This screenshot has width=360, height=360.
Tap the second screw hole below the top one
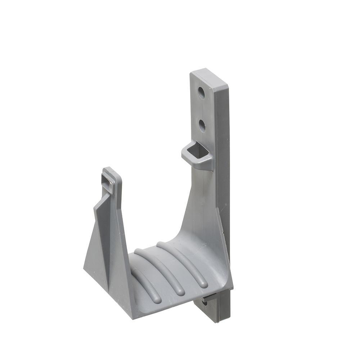click(x=202, y=125)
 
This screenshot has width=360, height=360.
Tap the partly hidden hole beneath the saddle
click(x=204, y=303)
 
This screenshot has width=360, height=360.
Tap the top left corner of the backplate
click(x=191, y=73)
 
